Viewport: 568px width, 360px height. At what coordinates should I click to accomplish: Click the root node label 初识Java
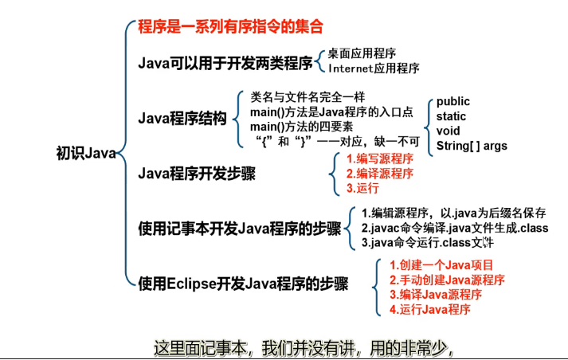86,151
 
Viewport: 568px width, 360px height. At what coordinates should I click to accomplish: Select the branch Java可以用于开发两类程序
225,61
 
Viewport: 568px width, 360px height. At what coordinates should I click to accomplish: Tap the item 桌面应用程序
362,53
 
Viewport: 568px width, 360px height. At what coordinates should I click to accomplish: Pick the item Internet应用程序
374,68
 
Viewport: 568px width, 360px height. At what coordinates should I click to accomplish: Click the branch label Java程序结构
182,119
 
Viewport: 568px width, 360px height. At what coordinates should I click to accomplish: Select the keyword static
451,116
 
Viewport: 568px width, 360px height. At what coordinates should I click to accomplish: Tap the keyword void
448,131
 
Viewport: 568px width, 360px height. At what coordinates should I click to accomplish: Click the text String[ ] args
472,146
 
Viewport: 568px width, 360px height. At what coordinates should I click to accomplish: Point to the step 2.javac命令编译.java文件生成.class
455,228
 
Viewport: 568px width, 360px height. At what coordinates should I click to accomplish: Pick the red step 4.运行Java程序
430,310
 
